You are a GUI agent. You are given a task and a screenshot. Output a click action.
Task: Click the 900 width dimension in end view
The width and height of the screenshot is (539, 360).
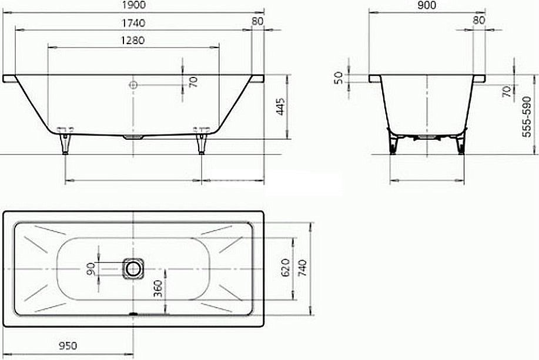[x=427, y=5]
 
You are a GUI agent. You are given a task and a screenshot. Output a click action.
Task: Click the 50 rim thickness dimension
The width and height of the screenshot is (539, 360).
[x=339, y=78]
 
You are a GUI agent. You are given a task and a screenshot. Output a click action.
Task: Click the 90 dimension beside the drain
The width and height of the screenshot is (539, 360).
[x=91, y=268]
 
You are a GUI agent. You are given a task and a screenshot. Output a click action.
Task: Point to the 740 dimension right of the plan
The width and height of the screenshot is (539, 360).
[x=302, y=268]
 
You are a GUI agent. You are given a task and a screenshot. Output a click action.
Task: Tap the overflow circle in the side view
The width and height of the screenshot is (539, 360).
[x=133, y=85]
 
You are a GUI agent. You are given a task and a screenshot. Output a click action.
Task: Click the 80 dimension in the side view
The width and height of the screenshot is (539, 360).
[x=257, y=22]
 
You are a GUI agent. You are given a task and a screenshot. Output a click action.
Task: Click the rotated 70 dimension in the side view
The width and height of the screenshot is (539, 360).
[x=193, y=81]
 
